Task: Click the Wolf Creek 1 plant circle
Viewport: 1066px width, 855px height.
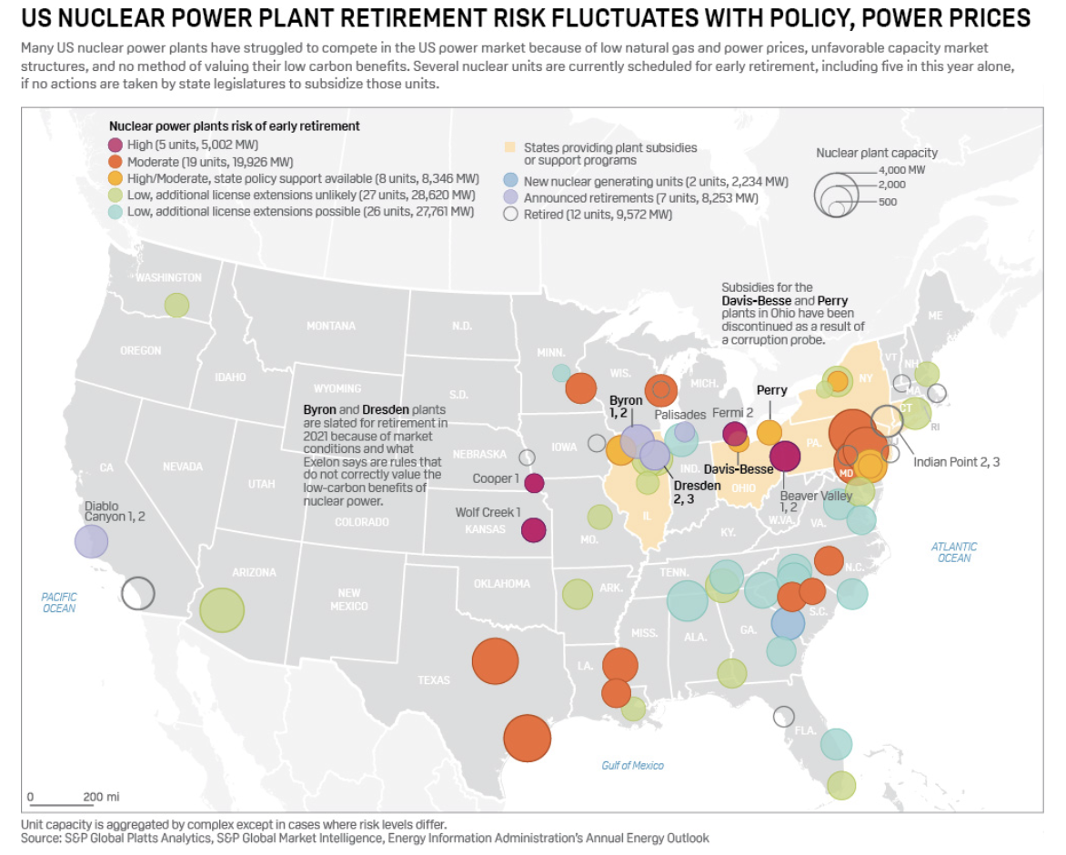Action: (x=533, y=529)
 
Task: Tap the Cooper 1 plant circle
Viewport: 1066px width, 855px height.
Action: (x=534, y=483)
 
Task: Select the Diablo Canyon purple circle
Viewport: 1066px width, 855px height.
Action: (x=91, y=541)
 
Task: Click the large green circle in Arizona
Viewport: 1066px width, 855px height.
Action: (x=222, y=610)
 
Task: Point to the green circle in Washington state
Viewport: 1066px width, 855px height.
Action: (x=176, y=306)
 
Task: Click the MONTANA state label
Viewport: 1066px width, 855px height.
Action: (x=331, y=326)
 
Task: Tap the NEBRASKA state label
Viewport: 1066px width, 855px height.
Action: (x=479, y=454)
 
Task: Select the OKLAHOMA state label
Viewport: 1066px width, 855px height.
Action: (x=501, y=583)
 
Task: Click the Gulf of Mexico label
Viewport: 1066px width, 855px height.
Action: (x=633, y=765)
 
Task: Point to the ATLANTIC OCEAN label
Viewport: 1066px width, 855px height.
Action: (x=953, y=552)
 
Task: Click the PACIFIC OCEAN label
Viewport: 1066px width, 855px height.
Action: (x=59, y=602)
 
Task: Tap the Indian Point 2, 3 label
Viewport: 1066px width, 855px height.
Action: (x=957, y=461)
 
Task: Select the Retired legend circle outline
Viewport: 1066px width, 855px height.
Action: (x=510, y=215)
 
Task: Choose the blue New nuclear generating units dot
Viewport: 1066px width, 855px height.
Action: (x=510, y=181)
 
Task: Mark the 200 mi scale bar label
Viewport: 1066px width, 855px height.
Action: (x=101, y=797)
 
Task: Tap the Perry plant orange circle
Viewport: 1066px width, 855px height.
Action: (x=769, y=432)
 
